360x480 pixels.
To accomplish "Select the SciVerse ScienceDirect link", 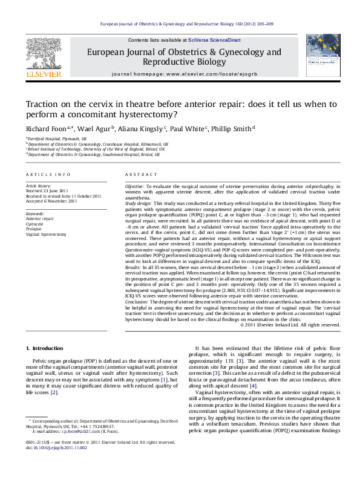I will (x=214, y=40).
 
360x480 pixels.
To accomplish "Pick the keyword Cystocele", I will (x=35, y=223).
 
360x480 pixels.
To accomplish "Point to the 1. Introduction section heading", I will (x=47, y=349).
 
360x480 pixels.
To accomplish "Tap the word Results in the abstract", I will (x=133, y=266).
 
